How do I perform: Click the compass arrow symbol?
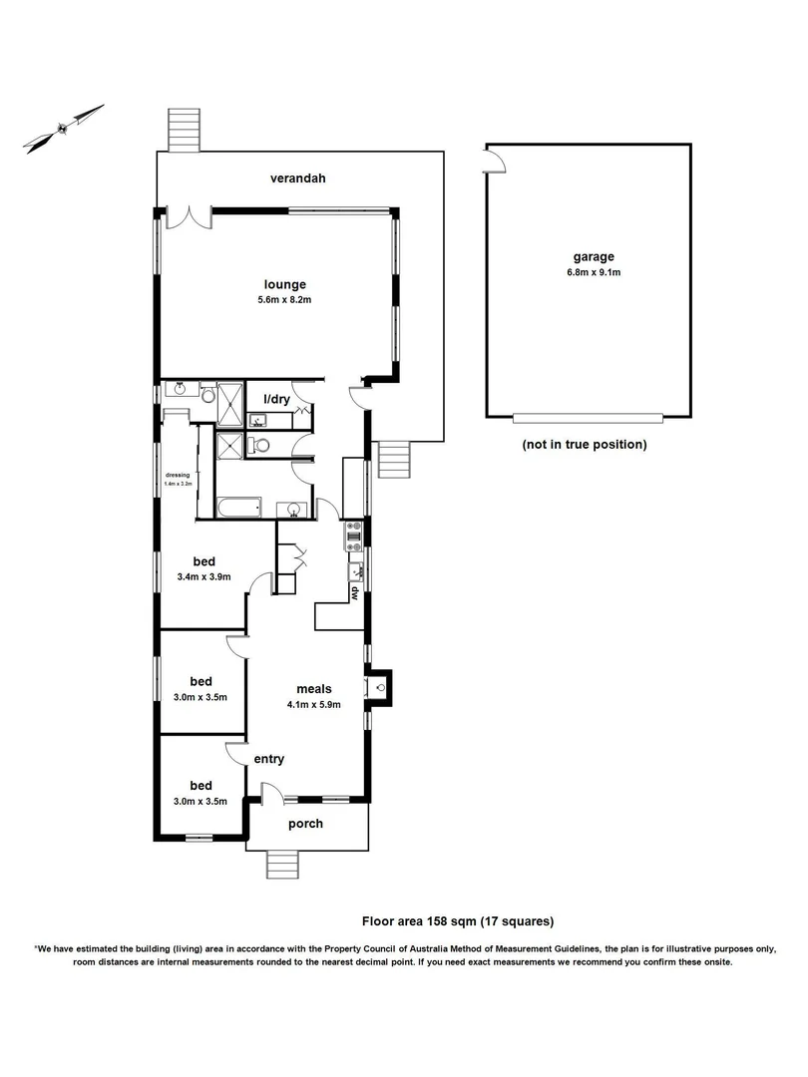point(64,128)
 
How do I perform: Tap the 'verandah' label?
point(298,179)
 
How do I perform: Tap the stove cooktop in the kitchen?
point(353,538)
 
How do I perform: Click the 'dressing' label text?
point(179,476)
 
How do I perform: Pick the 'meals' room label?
point(313,688)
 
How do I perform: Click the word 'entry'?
point(268,759)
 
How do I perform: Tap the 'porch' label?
point(305,824)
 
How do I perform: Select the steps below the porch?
point(283,864)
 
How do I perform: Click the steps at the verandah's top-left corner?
point(182,129)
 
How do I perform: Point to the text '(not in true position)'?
point(584,444)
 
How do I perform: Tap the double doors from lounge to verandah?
point(188,216)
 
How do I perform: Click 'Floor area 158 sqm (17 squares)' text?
point(457,921)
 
